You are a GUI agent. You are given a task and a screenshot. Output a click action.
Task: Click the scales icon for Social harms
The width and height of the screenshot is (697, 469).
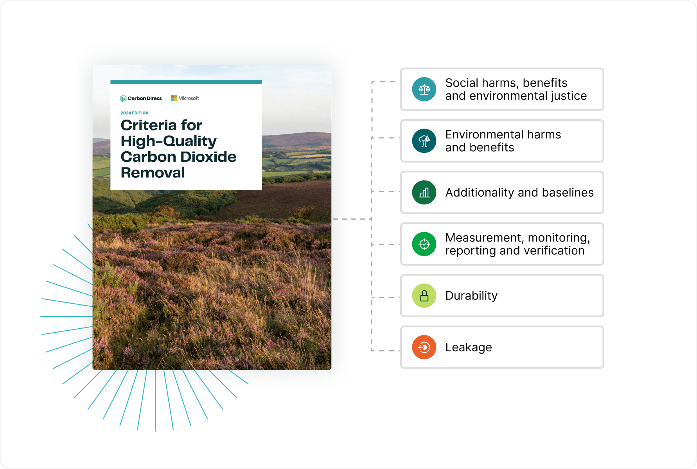click(424, 90)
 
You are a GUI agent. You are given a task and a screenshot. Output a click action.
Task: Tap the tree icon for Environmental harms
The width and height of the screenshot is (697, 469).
click(424, 141)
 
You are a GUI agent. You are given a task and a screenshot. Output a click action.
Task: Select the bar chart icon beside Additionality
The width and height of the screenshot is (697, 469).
click(424, 192)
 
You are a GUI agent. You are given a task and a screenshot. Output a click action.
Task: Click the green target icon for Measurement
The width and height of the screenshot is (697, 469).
click(424, 244)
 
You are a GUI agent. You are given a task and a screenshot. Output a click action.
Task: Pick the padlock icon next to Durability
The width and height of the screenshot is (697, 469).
click(424, 295)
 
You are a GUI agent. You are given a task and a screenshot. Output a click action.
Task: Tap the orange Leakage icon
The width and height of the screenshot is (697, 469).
click(424, 347)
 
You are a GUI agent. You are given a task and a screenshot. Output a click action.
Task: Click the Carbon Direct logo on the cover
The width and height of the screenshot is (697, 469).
click(141, 98)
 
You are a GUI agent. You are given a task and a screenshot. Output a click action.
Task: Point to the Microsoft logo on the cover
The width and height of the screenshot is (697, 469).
click(185, 98)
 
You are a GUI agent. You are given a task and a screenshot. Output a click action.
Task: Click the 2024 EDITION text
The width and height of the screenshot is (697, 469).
click(135, 113)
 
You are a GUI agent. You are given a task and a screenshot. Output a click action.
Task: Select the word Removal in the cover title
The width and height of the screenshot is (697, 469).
click(153, 172)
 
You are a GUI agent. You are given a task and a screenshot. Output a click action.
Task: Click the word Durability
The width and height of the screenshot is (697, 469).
click(471, 296)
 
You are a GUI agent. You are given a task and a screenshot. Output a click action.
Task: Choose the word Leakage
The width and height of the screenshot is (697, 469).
click(469, 347)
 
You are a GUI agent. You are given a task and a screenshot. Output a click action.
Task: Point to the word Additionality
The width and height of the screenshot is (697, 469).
click(480, 192)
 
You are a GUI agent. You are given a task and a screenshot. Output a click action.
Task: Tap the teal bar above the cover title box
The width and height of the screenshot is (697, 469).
click(186, 82)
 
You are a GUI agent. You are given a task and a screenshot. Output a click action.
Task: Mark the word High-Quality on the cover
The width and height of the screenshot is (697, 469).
click(169, 141)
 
